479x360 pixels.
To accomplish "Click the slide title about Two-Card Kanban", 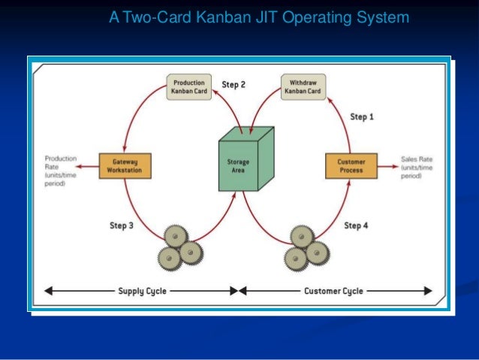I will pyautogui.click(x=259, y=17).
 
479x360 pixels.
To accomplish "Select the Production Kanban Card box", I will pyautogui.click(x=189, y=86).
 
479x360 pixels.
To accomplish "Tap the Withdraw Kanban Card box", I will pyautogui.click(x=303, y=86).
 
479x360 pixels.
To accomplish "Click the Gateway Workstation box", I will pyautogui.click(x=125, y=165).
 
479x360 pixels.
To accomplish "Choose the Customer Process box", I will pyautogui.click(x=351, y=165).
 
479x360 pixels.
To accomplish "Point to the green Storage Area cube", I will pyautogui.click(x=239, y=162).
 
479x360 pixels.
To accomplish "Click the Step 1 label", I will pyautogui.click(x=363, y=116).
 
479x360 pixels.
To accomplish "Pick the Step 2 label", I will pyautogui.click(x=233, y=85).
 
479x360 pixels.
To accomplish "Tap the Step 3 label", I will pyautogui.click(x=122, y=225).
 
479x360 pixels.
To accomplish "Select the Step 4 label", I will pyautogui.click(x=357, y=225).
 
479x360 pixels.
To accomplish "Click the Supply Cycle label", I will pyautogui.click(x=142, y=291).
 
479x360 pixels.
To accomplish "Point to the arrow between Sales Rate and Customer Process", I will pyautogui.click(x=389, y=165).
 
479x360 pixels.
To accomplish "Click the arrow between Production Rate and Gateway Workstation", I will pyautogui.click(x=87, y=165).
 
